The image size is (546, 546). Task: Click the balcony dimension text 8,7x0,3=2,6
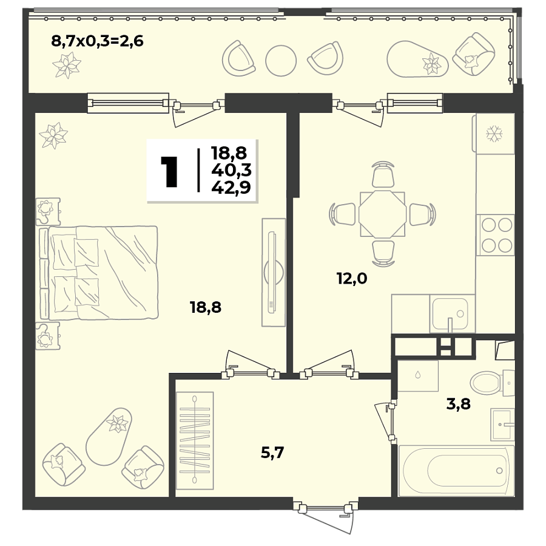coord(96,42)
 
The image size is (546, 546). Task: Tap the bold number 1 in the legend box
coord(169,171)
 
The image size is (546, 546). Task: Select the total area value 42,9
coord(231,188)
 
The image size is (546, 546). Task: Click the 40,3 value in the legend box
coord(231,171)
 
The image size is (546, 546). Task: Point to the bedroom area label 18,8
coord(206,307)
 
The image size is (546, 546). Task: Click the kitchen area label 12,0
coord(352,279)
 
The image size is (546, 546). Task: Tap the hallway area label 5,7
coord(272,452)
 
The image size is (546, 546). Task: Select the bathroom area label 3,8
coord(459,403)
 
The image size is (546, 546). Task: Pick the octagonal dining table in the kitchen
coord(382,214)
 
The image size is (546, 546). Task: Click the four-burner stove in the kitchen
coord(496,236)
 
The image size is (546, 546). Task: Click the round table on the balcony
coord(281,59)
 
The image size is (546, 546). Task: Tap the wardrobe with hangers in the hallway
coord(195,440)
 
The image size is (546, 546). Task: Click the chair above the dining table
coord(382,176)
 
